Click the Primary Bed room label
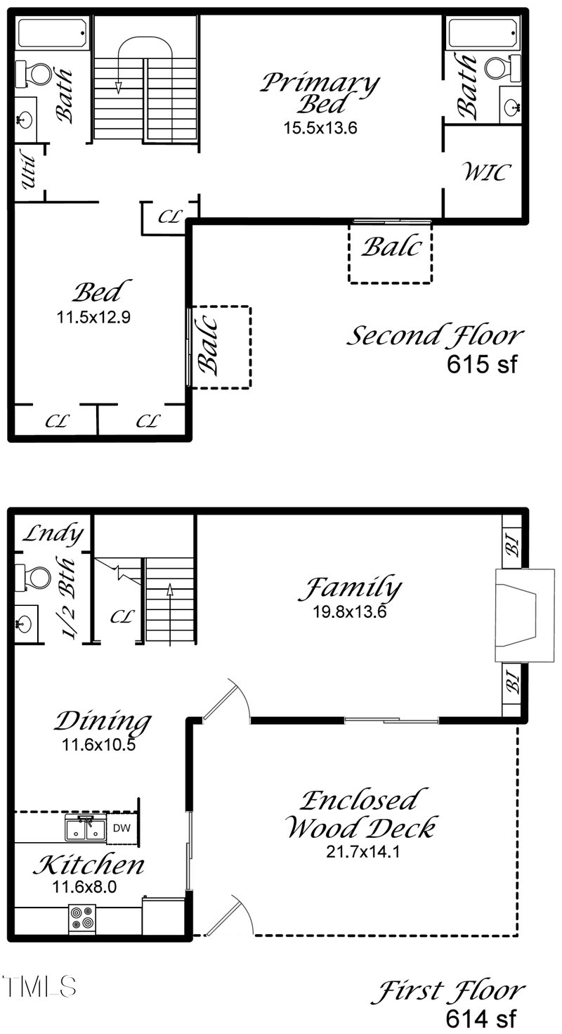tap(320, 93)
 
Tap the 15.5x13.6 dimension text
tap(320, 128)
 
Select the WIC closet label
tap(486, 172)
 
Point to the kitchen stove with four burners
tap(82, 916)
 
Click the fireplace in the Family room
tap(525, 616)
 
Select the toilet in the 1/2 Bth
tap(32, 578)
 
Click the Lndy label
tap(53, 534)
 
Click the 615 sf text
tap(482, 363)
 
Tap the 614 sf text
tap(481, 1018)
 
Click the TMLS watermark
tap(39, 986)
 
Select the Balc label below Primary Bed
tap(391, 247)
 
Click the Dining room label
tap(103, 721)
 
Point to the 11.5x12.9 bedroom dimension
tap(93, 318)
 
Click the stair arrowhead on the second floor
tap(119, 87)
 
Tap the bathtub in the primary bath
tap(483, 33)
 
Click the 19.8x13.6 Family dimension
tap(350, 612)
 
